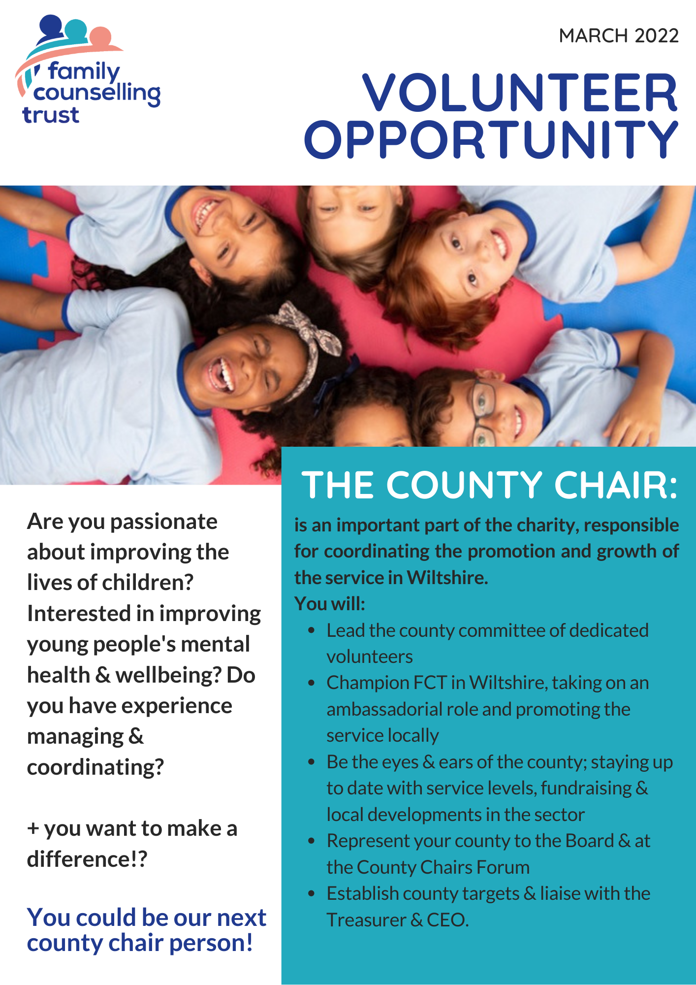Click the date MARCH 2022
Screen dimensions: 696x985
(x=619, y=36)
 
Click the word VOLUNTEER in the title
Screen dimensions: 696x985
(x=520, y=93)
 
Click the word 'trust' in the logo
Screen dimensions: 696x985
(x=51, y=115)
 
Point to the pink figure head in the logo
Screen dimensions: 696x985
(x=101, y=37)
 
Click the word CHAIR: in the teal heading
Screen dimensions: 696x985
(x=616, y=486)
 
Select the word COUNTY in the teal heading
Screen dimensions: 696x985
(x=464, y=486)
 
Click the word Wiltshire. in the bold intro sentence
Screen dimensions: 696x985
(x=447, y=577)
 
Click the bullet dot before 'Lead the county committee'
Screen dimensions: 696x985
(x=311, y=631)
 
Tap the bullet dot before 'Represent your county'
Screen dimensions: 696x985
(x=311, y=841)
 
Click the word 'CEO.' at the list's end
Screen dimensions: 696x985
(x=448, y=920)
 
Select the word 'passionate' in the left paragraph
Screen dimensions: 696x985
(x=164, y=522)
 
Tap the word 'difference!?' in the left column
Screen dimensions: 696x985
(x=87, y=859)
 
